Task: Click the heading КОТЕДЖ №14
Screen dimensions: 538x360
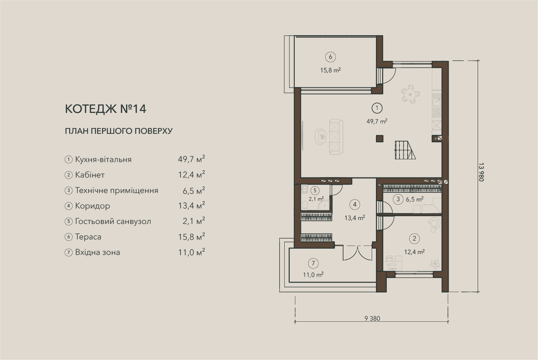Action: (106, 109)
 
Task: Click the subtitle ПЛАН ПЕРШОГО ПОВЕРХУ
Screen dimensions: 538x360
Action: (119, 131)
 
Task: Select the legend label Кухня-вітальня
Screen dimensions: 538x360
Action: (103, 159)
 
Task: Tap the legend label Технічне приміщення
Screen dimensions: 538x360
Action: (117, 191)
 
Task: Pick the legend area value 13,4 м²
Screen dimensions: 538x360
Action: (191, 206)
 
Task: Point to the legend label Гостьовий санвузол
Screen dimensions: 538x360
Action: (113, 221)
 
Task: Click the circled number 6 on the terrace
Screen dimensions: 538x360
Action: (330, 57)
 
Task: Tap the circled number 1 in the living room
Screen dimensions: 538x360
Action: (377, 108)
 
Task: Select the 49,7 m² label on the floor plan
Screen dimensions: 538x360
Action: (377, 121)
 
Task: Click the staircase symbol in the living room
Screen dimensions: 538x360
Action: (405, 150)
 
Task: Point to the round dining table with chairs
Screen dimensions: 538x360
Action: (410, 94)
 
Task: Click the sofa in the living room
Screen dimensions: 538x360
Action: (336, 137)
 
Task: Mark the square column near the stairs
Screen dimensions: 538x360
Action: (379, 138)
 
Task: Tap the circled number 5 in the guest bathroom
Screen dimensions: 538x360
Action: (315, 191)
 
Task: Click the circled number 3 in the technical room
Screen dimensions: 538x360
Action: (398, 199)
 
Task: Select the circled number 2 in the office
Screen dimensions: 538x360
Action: (414, 239)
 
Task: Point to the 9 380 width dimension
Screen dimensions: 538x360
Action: (372, 319)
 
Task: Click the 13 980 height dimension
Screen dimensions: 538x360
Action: (481, 172)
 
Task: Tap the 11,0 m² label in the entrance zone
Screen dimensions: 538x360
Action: (313, 275)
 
